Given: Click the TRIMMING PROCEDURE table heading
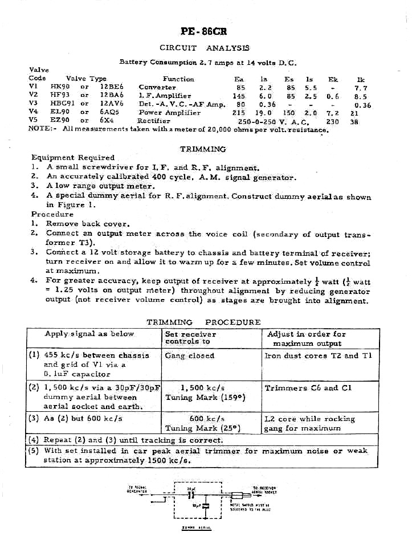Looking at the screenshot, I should (203, 322).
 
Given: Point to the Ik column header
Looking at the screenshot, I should (360, 79).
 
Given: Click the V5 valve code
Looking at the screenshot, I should (33, 121).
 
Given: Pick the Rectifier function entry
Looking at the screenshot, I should (154, 121).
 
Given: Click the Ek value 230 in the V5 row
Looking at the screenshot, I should (332, 121).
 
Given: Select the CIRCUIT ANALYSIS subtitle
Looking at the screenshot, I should (205, 48).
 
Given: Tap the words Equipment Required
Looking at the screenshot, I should (73, 157).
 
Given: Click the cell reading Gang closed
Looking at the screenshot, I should (190, 355).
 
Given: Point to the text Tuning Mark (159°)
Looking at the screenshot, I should (205, 397).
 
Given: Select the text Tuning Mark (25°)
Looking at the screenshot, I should (203, 428).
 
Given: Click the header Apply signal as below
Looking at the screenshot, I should (89, 334).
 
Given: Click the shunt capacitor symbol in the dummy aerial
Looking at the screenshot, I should (205, 505).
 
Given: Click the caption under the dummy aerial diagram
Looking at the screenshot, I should (196, 528).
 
